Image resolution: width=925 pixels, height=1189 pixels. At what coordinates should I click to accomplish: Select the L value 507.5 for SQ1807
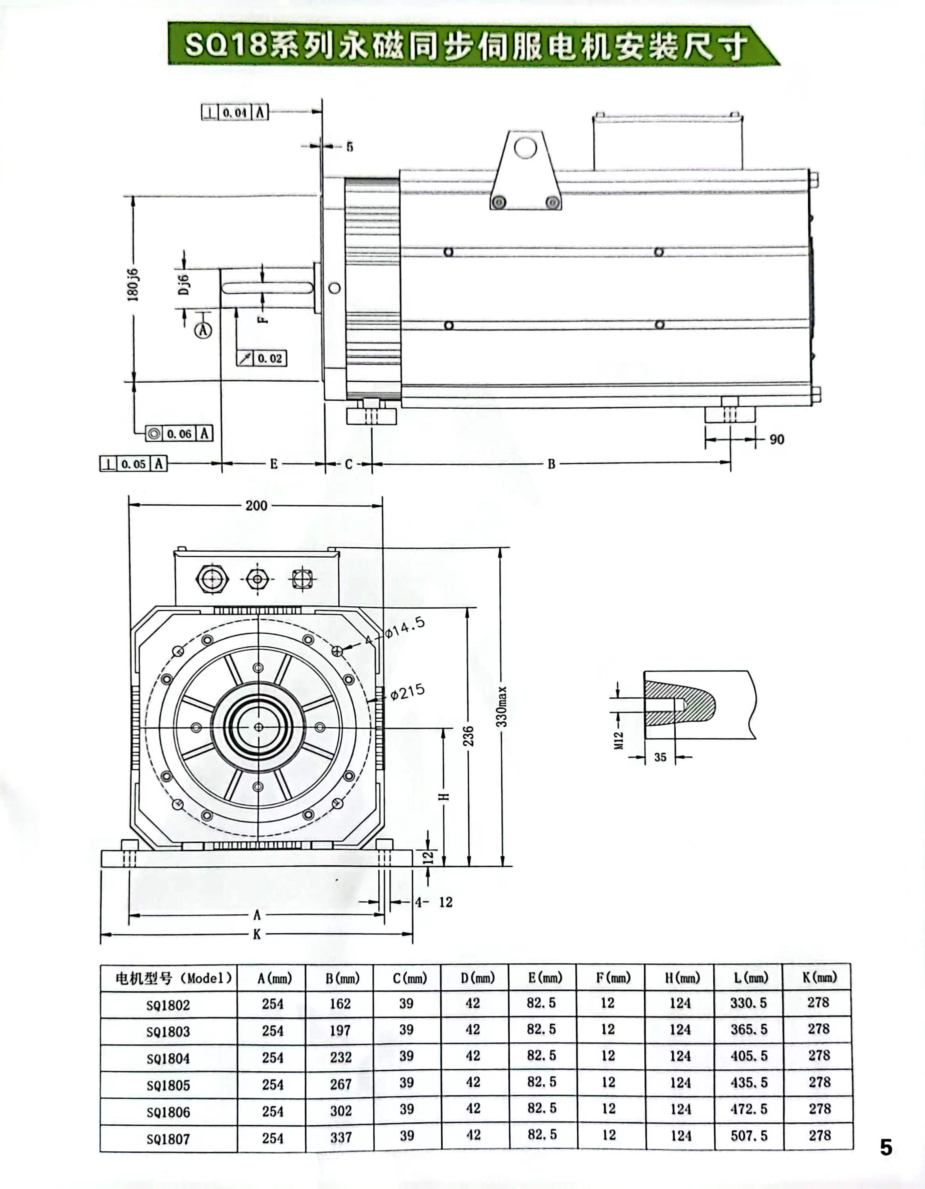749,1135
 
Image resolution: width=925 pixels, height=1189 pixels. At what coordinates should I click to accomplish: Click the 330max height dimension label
502,706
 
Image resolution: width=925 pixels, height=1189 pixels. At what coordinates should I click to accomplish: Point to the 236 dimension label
468,736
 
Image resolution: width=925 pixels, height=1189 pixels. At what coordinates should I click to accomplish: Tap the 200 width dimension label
256,505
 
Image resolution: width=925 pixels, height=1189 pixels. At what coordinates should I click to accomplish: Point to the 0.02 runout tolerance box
262,358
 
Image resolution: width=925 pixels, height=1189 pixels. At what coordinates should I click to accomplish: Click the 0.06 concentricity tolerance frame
179,433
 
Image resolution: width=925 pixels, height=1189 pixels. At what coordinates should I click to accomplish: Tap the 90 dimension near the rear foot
777,440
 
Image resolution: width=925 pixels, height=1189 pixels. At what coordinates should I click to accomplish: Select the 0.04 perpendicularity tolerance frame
235,113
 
